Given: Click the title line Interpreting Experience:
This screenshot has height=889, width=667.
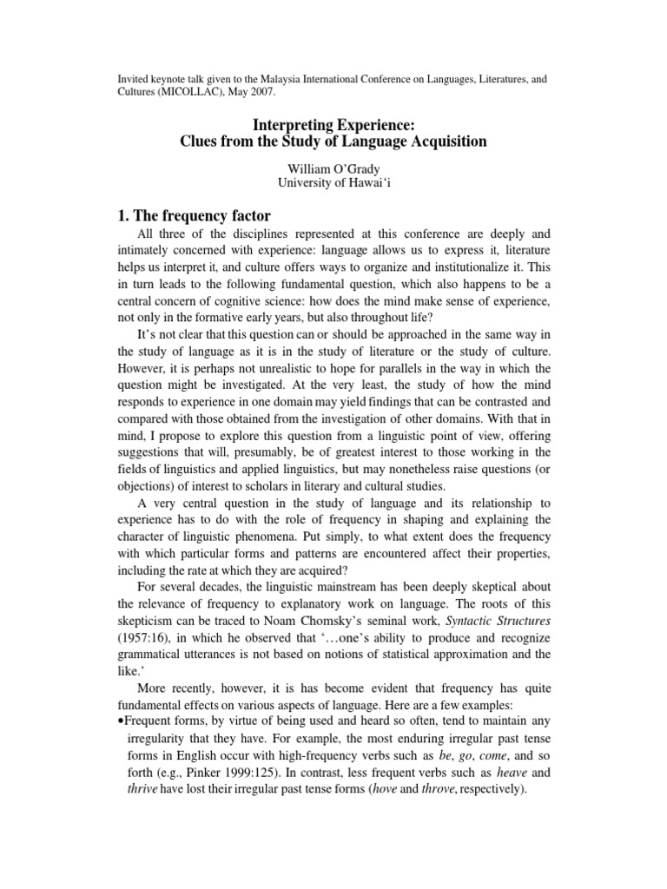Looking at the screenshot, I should (x=333, y=124).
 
